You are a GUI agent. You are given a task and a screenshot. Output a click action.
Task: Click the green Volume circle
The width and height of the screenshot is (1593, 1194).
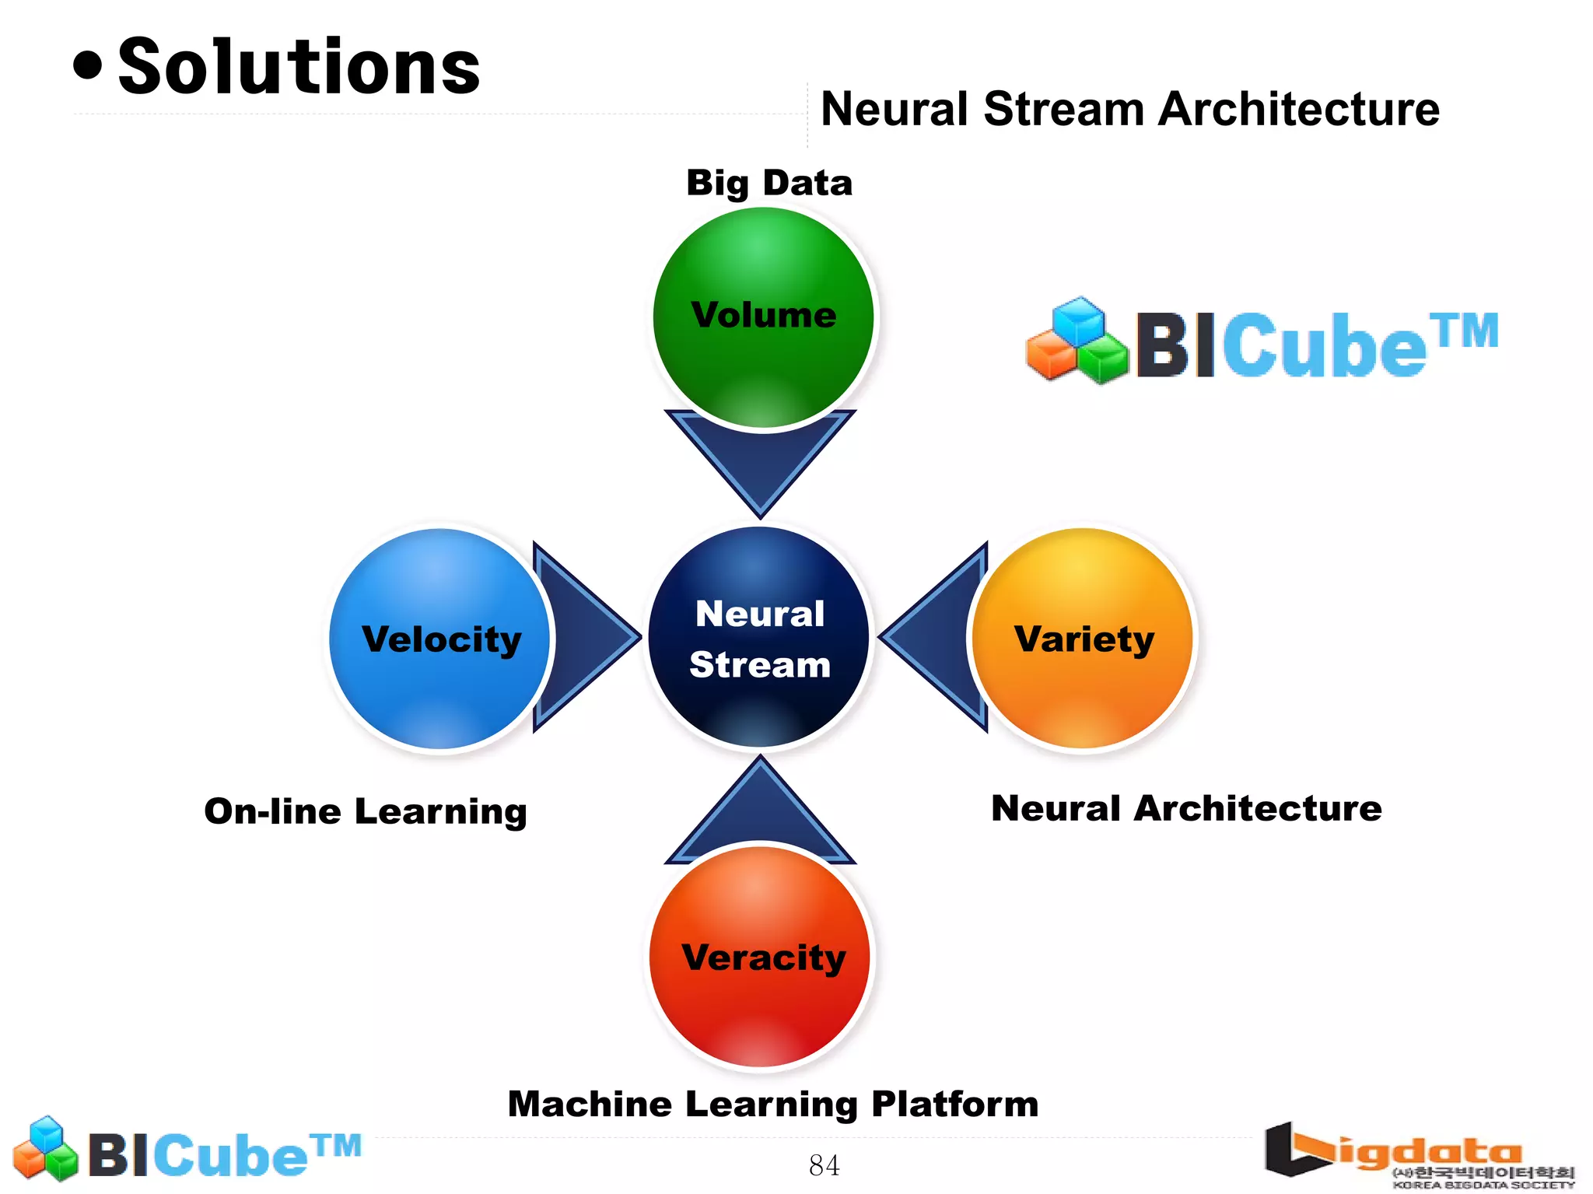[x=763, y=317]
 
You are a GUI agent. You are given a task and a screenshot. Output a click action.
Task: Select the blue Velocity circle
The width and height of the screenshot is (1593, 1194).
[x=440, y=639]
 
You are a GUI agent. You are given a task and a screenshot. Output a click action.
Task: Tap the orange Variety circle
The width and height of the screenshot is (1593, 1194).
[x=1083, y=639]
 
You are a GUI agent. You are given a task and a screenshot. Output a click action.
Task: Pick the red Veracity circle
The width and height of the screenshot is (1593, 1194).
[x=760, y=957]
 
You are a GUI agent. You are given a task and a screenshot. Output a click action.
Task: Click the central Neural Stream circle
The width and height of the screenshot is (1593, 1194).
[x=759, y=637]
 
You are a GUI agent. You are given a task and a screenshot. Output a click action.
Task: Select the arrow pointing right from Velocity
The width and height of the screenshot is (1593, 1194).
[x=579, y=637]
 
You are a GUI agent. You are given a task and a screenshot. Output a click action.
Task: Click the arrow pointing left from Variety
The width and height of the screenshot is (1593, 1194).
[x=937, y=637]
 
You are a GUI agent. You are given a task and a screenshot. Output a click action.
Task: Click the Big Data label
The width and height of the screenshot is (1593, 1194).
[x=769, y=184]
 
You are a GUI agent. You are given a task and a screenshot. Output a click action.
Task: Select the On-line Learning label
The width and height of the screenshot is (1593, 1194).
[x=366, y=811]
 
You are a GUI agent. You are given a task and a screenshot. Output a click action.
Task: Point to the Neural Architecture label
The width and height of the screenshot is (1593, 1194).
[x=1186, y=808]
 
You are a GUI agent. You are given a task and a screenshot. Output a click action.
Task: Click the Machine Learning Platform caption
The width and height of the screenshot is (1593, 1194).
[x=772, y=1104]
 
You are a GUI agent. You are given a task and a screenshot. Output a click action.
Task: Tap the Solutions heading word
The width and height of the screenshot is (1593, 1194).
[x=299, y=68]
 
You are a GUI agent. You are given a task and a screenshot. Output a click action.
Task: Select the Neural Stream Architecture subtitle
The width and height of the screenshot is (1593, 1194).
[x=1129, y=109]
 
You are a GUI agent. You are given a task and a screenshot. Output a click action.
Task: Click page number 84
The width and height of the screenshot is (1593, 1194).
[x=824, y=1165]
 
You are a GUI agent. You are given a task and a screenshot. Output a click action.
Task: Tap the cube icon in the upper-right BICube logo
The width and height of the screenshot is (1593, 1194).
[x=1077, y=341]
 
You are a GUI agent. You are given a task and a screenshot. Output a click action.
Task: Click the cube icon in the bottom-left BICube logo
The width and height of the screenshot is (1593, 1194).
[x=47, y=1148]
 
